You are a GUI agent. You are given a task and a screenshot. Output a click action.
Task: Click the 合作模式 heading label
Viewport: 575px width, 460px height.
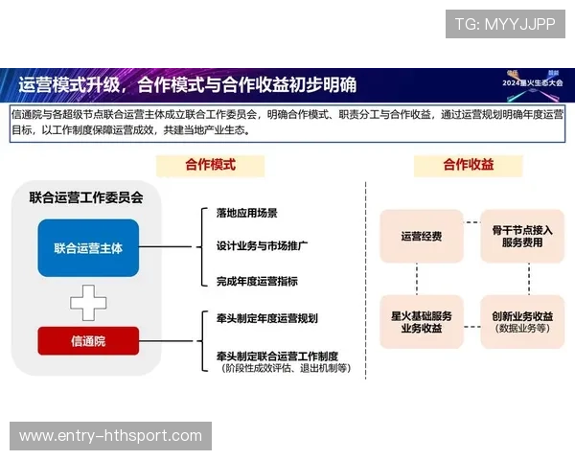[x=210, y=165]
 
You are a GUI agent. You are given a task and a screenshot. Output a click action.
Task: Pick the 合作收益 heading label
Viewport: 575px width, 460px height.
[x=468, y=165]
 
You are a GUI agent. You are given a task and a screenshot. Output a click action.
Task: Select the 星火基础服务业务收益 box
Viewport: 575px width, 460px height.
[x=421, y=321]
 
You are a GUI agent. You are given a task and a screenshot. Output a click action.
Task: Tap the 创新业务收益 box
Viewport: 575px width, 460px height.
[x=522, y=321]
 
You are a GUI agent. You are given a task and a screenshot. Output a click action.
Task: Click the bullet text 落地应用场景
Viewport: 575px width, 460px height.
[x=247, y=213]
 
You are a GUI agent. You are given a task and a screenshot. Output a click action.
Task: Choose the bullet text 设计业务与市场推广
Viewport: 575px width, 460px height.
[x=262, y=246]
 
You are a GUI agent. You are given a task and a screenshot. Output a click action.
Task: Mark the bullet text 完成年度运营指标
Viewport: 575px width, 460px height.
[x=257, y=281]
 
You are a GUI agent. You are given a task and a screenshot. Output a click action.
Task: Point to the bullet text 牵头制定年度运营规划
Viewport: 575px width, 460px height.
[x=266, y=318]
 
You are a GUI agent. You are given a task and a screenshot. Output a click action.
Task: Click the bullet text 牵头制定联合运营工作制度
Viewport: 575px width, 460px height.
[x=276, y=355]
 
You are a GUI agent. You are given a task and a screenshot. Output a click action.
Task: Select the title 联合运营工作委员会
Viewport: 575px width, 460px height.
[x=86, y=198]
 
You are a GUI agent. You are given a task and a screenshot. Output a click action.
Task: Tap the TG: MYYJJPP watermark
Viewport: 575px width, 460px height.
[x=505, y=24]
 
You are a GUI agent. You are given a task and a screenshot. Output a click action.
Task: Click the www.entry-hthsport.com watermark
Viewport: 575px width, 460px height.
[x=111, y=436]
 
